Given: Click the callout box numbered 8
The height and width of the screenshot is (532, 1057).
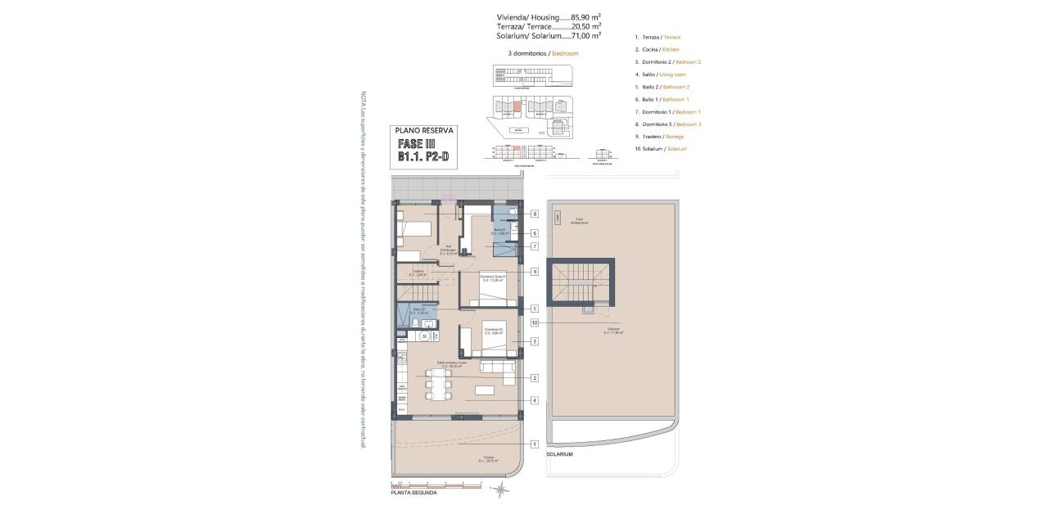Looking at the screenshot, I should pyautogui.click(x=534, y=214).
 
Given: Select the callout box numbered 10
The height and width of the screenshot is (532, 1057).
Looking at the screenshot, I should pyautogui.click(x=534, y=322).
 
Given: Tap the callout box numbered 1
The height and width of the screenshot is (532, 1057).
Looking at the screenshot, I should pyautogui.click(x=534, y=444).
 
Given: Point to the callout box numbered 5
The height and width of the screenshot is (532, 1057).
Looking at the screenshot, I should pyautogui.click(x=534, y=309).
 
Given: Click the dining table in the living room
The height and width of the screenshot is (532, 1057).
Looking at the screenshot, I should pyautogui.click(x=437, y=383).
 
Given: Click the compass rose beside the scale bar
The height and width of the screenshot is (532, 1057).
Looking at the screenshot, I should pyautogui.click(x=501, y=489).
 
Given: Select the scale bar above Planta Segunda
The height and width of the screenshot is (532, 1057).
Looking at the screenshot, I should pyautogui.click(x=436, y=484).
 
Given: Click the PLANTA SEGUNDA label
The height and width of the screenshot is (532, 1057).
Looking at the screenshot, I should pyautogui.click(x=413, y=493).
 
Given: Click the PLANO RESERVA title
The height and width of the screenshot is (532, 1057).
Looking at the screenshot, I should pyautogui.click(x=423, y=129).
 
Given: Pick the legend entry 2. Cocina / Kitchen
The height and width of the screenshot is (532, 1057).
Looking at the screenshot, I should pyautogui.click(x=657, y=50).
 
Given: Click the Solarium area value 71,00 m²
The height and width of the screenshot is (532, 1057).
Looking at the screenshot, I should pyautogui.click(x=585, y=36).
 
